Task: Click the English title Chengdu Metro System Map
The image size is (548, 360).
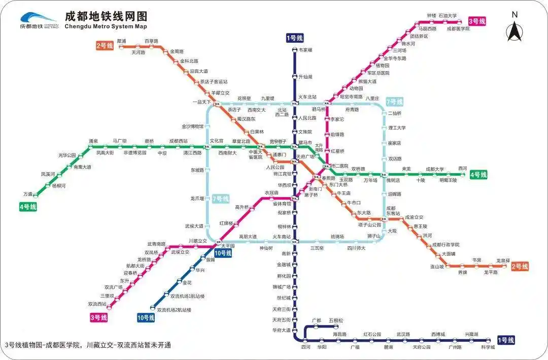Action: pyautogui.click(x=106, y=26)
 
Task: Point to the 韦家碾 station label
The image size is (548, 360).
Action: pyautogui.click(x=305, y=50)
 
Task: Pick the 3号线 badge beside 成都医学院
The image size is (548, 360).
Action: pyautogui.click(x=476, y=21)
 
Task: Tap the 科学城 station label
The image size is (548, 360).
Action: pyautogui.click(x=488, y=347)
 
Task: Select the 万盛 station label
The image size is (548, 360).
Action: pyautogui.click(x=28, y=194)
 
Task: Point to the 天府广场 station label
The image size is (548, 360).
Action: pyautogui.click(x=305, y=157)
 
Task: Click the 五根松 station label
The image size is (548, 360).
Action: pyautogui.click(x=335, y=320)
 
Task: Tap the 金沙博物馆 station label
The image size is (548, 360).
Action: pyautogui.click(x=192, y=126)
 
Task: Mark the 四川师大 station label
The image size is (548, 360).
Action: pyautogui.click(x=356, y=248)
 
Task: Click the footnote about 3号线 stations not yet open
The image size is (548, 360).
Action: pyautogui.click(x=88, y=345)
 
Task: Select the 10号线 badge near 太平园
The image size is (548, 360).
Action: pyautogui.click(x=223, y=253)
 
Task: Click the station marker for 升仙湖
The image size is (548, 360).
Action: pyautogui.click(x=295, y=77)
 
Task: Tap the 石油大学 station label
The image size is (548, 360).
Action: pyautogui.click(x=448, y=16)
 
